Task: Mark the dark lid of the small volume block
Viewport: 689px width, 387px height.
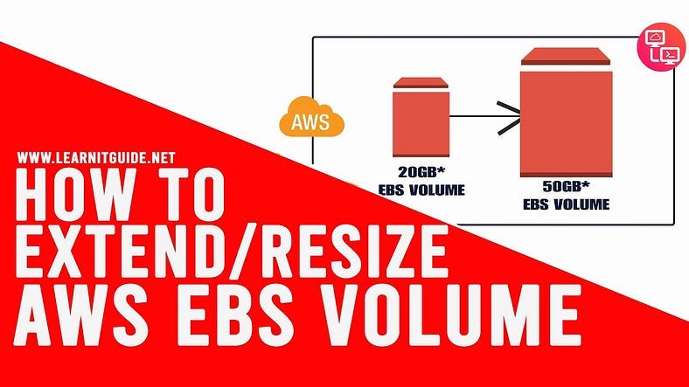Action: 421,83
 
